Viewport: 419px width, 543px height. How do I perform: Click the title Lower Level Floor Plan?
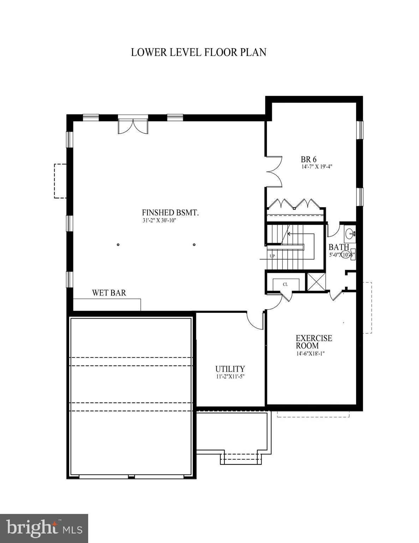point(198,52)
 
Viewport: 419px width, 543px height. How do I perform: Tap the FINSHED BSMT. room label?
point(170,212)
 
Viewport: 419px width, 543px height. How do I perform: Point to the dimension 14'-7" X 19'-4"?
point(317,167)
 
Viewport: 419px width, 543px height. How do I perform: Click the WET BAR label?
point(109,293)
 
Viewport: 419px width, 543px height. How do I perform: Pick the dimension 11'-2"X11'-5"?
point(230,376)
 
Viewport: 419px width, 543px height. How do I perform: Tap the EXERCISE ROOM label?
point(314,342)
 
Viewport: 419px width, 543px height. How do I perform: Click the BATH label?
point(339,247)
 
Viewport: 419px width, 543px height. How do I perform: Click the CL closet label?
point(285,284)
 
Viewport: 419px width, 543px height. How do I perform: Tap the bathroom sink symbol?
point(350,233)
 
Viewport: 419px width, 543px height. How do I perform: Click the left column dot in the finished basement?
point(118,245)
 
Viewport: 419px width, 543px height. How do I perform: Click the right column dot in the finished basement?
point(194,245)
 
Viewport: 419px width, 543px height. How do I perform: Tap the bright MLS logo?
point(44,528)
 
